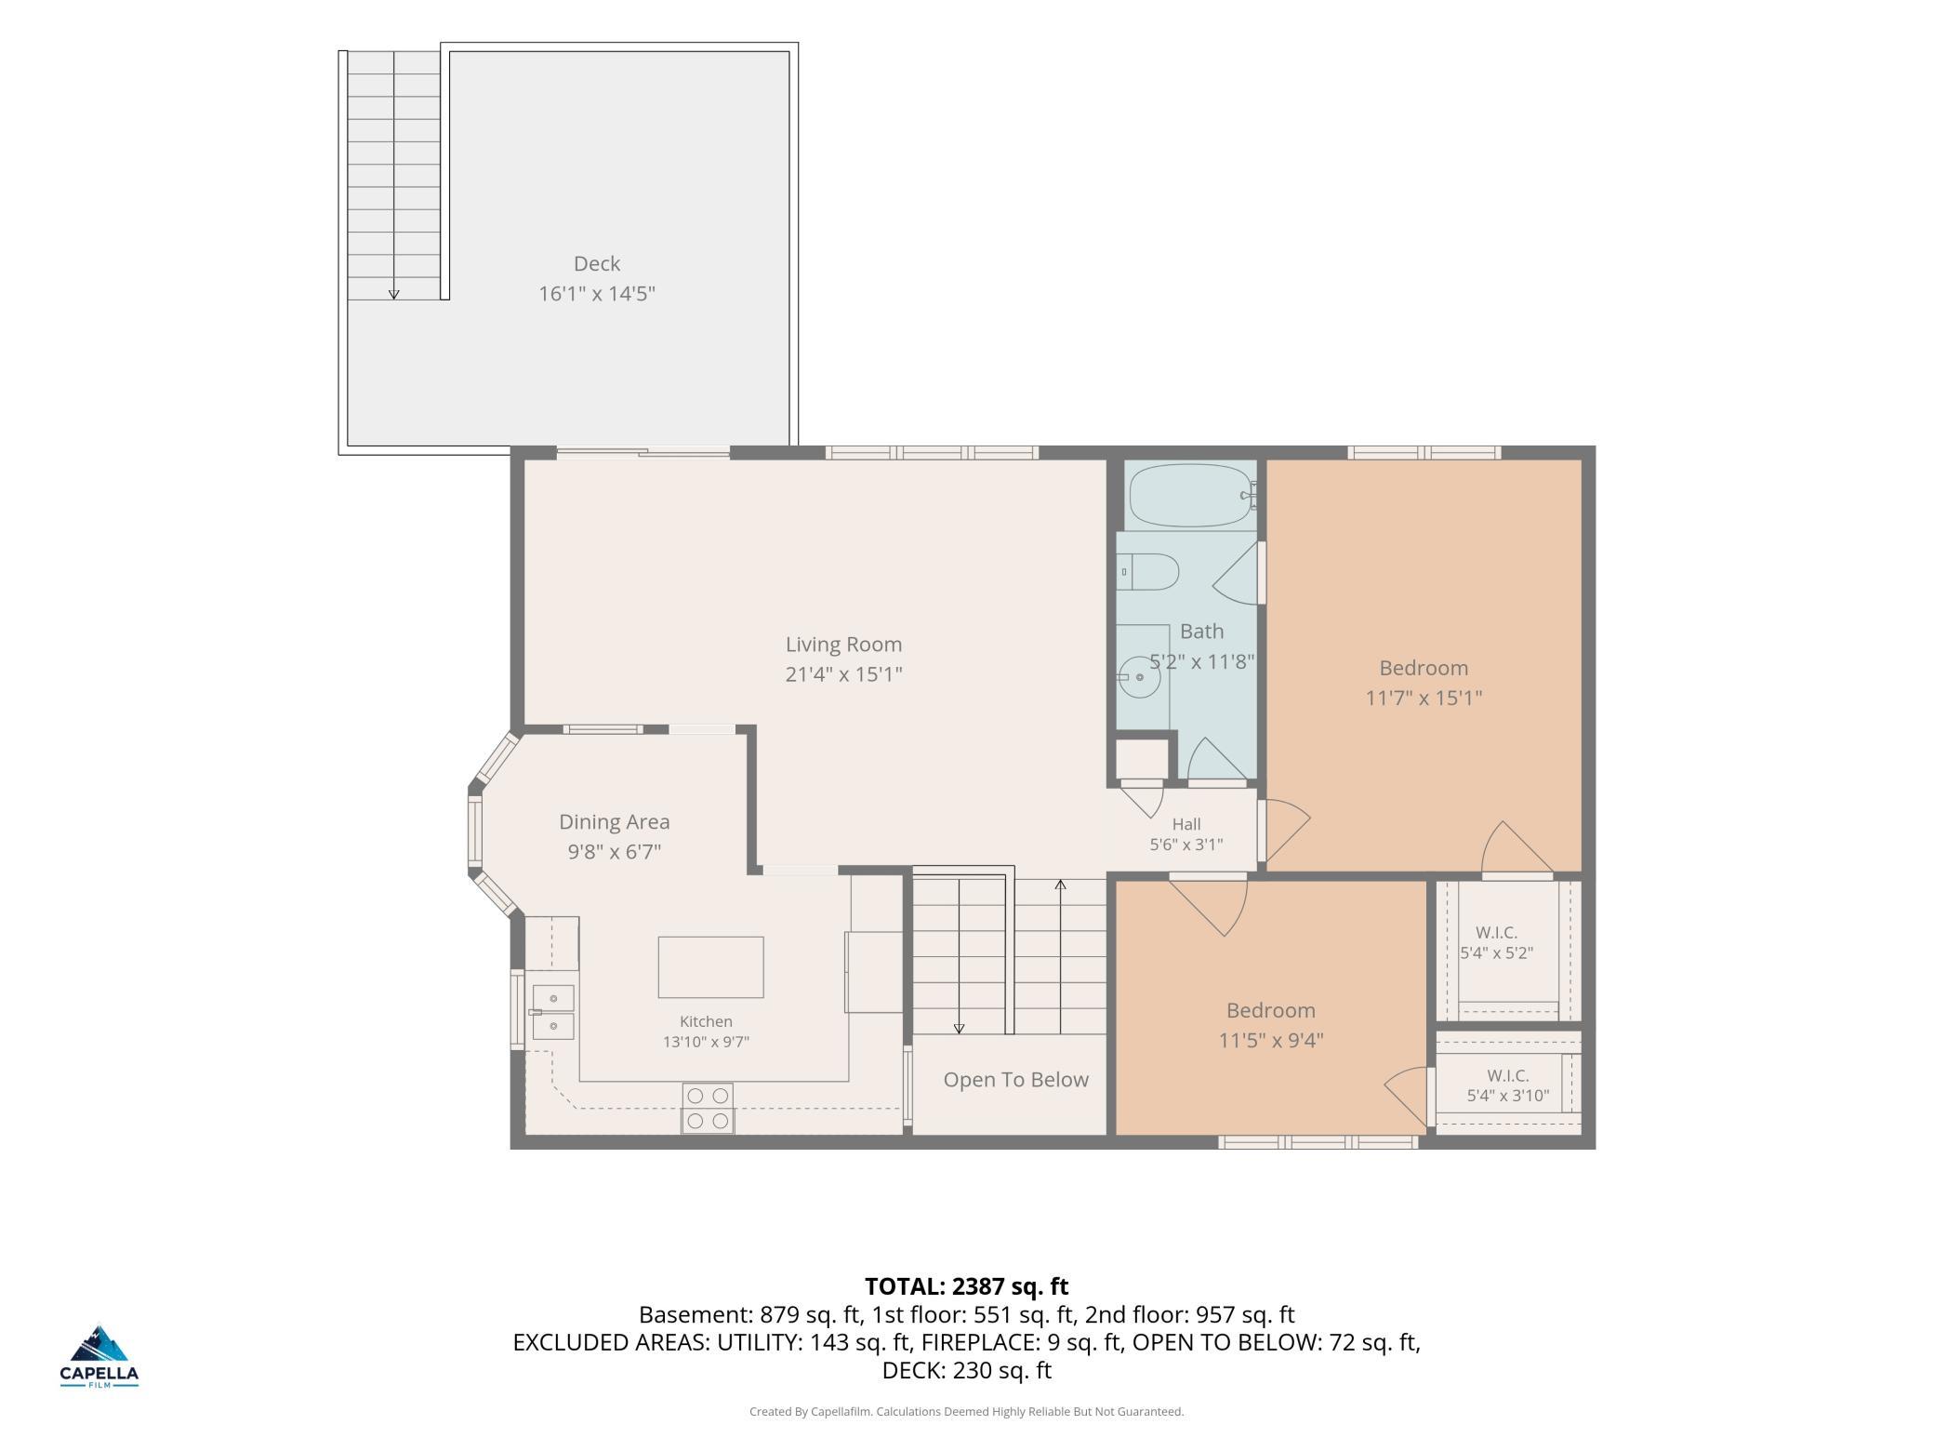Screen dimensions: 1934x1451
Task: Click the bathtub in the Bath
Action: (1192, 496)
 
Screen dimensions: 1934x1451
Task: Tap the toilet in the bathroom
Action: (1148, 571)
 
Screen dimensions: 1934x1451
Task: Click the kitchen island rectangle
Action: (710, 967)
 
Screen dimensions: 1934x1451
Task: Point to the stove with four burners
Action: (708, 1108)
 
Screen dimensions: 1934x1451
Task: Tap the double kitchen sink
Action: (552, 1012)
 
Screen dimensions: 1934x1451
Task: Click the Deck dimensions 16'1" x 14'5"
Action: (597, 294)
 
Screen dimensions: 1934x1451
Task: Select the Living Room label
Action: (843, 644)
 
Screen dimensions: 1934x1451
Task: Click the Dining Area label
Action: (614, 821)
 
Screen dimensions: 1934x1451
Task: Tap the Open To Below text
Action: (1015, 1080)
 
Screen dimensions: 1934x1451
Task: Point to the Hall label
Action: (1186, 824)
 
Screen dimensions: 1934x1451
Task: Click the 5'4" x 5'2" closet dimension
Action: (1496, 953)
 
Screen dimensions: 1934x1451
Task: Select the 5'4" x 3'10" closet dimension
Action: (1507, 1096)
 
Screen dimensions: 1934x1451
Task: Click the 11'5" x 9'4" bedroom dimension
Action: (1271, 1040)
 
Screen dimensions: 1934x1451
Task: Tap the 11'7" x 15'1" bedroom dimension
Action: (1423, 698)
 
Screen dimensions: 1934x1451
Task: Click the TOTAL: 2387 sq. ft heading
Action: (966, 1286)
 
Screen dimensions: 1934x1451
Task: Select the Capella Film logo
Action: (99, 1357)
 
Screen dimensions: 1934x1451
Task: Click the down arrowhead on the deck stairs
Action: (393, 294)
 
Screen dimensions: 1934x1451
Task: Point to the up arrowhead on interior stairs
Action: (1060, 885)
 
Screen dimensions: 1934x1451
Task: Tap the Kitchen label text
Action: (706, 1021)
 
